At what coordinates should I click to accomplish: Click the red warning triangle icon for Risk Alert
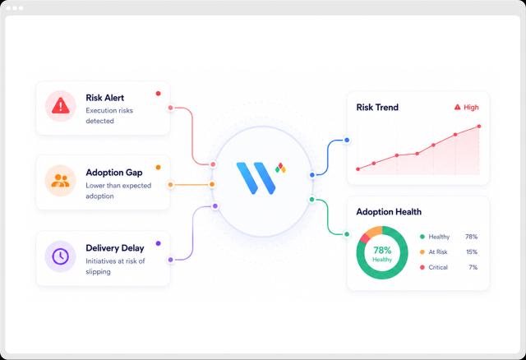tap(61, 105)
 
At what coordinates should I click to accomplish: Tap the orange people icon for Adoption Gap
tap(60, 181)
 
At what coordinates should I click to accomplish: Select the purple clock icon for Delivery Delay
tap(60, 256)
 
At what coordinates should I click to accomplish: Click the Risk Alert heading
tap(104, 98)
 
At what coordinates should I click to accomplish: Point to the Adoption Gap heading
tap(114, 173)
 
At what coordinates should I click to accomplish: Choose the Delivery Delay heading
tap(115, 248)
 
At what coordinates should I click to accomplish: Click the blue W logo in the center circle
tap(256, 178)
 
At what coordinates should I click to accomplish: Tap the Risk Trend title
tap(377, 108)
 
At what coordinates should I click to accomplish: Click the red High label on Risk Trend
tap(467, 108)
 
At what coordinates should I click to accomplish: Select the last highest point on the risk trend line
tap(479, 127)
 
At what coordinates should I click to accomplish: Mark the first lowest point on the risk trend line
tap(358, 169)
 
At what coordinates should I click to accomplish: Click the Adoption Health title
tap(389, 212)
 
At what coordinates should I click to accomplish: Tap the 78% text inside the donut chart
tap(382, 251)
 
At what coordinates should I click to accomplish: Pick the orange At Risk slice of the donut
tap(374, 231)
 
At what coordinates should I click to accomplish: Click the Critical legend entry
tap(434, 267)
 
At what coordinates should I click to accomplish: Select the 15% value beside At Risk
tap(472, 252)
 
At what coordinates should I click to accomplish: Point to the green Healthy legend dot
tap(422, 237)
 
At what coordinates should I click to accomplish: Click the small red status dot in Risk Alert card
tap(159, 93)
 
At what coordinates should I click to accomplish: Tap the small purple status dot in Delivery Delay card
tap(159, 243)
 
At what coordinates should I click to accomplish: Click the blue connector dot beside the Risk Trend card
tap(347, 140)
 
